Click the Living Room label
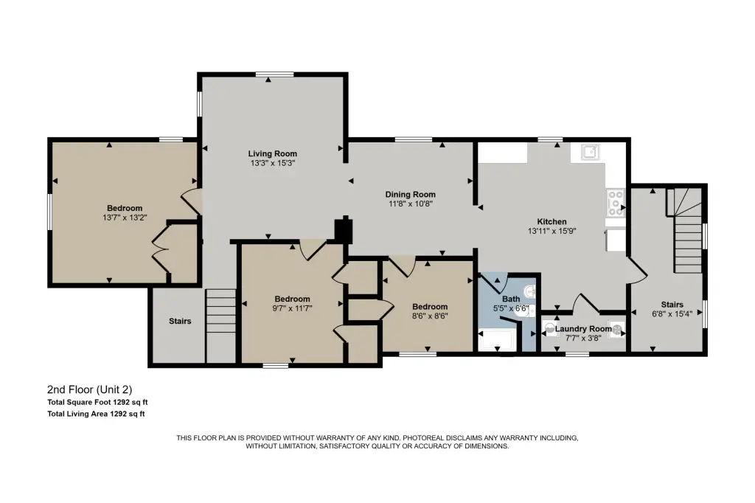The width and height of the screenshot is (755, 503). click(x=273, y=153)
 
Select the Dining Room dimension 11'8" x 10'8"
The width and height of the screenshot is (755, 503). click(x=411, y=204)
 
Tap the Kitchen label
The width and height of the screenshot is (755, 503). click(x=552, y=221)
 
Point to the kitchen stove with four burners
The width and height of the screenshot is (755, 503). click(x=615, y=203)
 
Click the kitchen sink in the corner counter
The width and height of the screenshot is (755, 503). click(x=590, y=152)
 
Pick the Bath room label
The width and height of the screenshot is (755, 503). click(x=511, y=299)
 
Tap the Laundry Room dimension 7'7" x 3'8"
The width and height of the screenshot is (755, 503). click(x=583, y=339)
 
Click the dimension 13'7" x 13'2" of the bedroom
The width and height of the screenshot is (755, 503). click(x=125, y=218)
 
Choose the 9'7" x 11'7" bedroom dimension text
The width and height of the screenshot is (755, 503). click(x=292, y=308)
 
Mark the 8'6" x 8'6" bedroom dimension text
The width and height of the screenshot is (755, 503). click(x=430, y=316)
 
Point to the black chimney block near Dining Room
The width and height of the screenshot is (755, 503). click(x=344, y=229)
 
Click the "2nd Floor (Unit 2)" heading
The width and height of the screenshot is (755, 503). click(x=89, y=389)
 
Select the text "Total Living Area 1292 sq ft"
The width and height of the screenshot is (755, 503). click(x=96, y=413)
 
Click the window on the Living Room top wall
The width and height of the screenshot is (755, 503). click(x=274, y=74)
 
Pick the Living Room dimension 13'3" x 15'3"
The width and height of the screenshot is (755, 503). click(x=273, y=163)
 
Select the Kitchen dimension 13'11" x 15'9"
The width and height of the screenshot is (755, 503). click(x=552, y=231)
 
